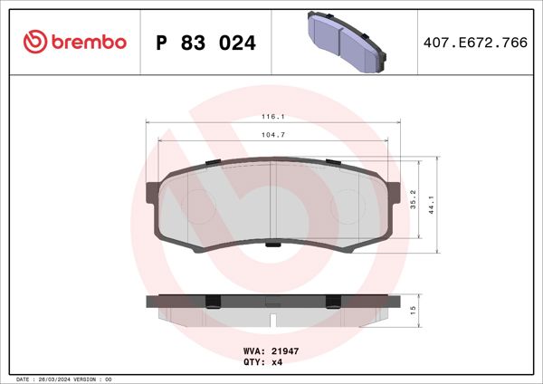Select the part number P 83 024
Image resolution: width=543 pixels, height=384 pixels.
tap(206, 43)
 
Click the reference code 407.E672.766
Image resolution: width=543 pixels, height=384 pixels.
tap(475, 43)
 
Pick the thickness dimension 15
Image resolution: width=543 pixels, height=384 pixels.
tap(413, 310)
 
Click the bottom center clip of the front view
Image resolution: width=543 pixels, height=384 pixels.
tap(272, 244)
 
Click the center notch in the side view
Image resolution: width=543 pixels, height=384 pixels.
tap(272, 318)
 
